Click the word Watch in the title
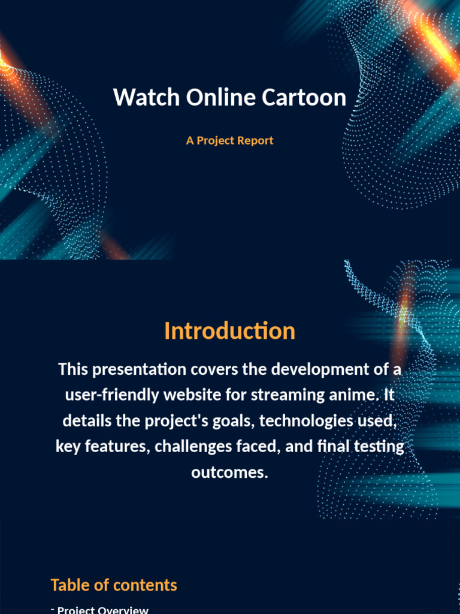pos(146,97)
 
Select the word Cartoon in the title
pos(304,97)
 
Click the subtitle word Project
pos(215,141)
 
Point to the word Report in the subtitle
pos(255,141)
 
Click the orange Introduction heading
pos(229,331)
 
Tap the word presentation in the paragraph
pos(139,369)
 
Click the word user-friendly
pos(112,395)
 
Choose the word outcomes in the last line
pos(229,472)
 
